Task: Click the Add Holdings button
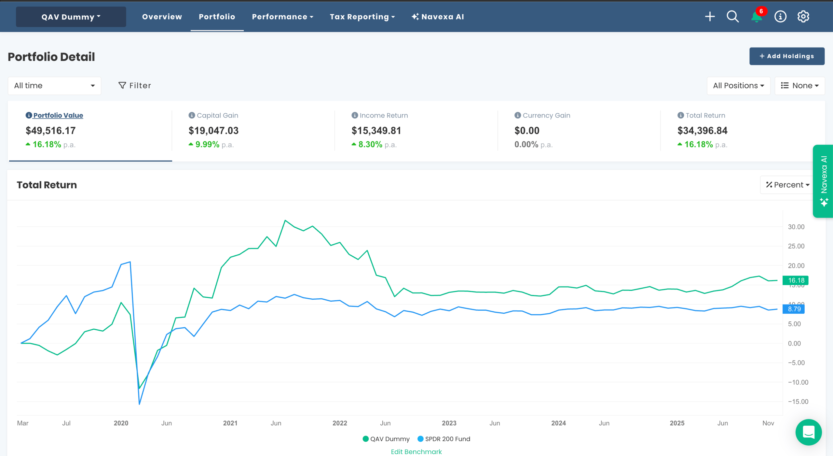pyautogui.click(x=786, y=56)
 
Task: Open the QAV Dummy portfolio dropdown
pyautogui.click(x=71, y=17)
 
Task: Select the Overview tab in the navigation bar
pyautogui.click(x=162, y=17)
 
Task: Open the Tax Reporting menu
pyautogui.click(x=362, y=17)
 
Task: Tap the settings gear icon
pyautogui.click(x=803, y=16)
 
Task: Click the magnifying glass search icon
pyautogui.click(x=732, y=16)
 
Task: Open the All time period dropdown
pyautogui.click(x=54, y=86)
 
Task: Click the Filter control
pyautogui.click(x=135, y=85)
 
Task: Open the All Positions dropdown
pyautogui.click(x=738, y=86)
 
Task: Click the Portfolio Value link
pyautogui.click(x=58, y=115)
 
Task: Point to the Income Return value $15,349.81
pyautogui.click(x=376, y=131)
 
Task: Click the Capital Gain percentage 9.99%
pyautogui.click(x=207, y=144)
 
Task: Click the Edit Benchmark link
pyautogui.click(x=416, y=451)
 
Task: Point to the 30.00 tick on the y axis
pyautogui.click(x=796, y=227)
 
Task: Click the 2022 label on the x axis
pyautogui.click(x=340, y=423)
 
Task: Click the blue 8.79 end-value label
pyautogui.click(x=794, y=309)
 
